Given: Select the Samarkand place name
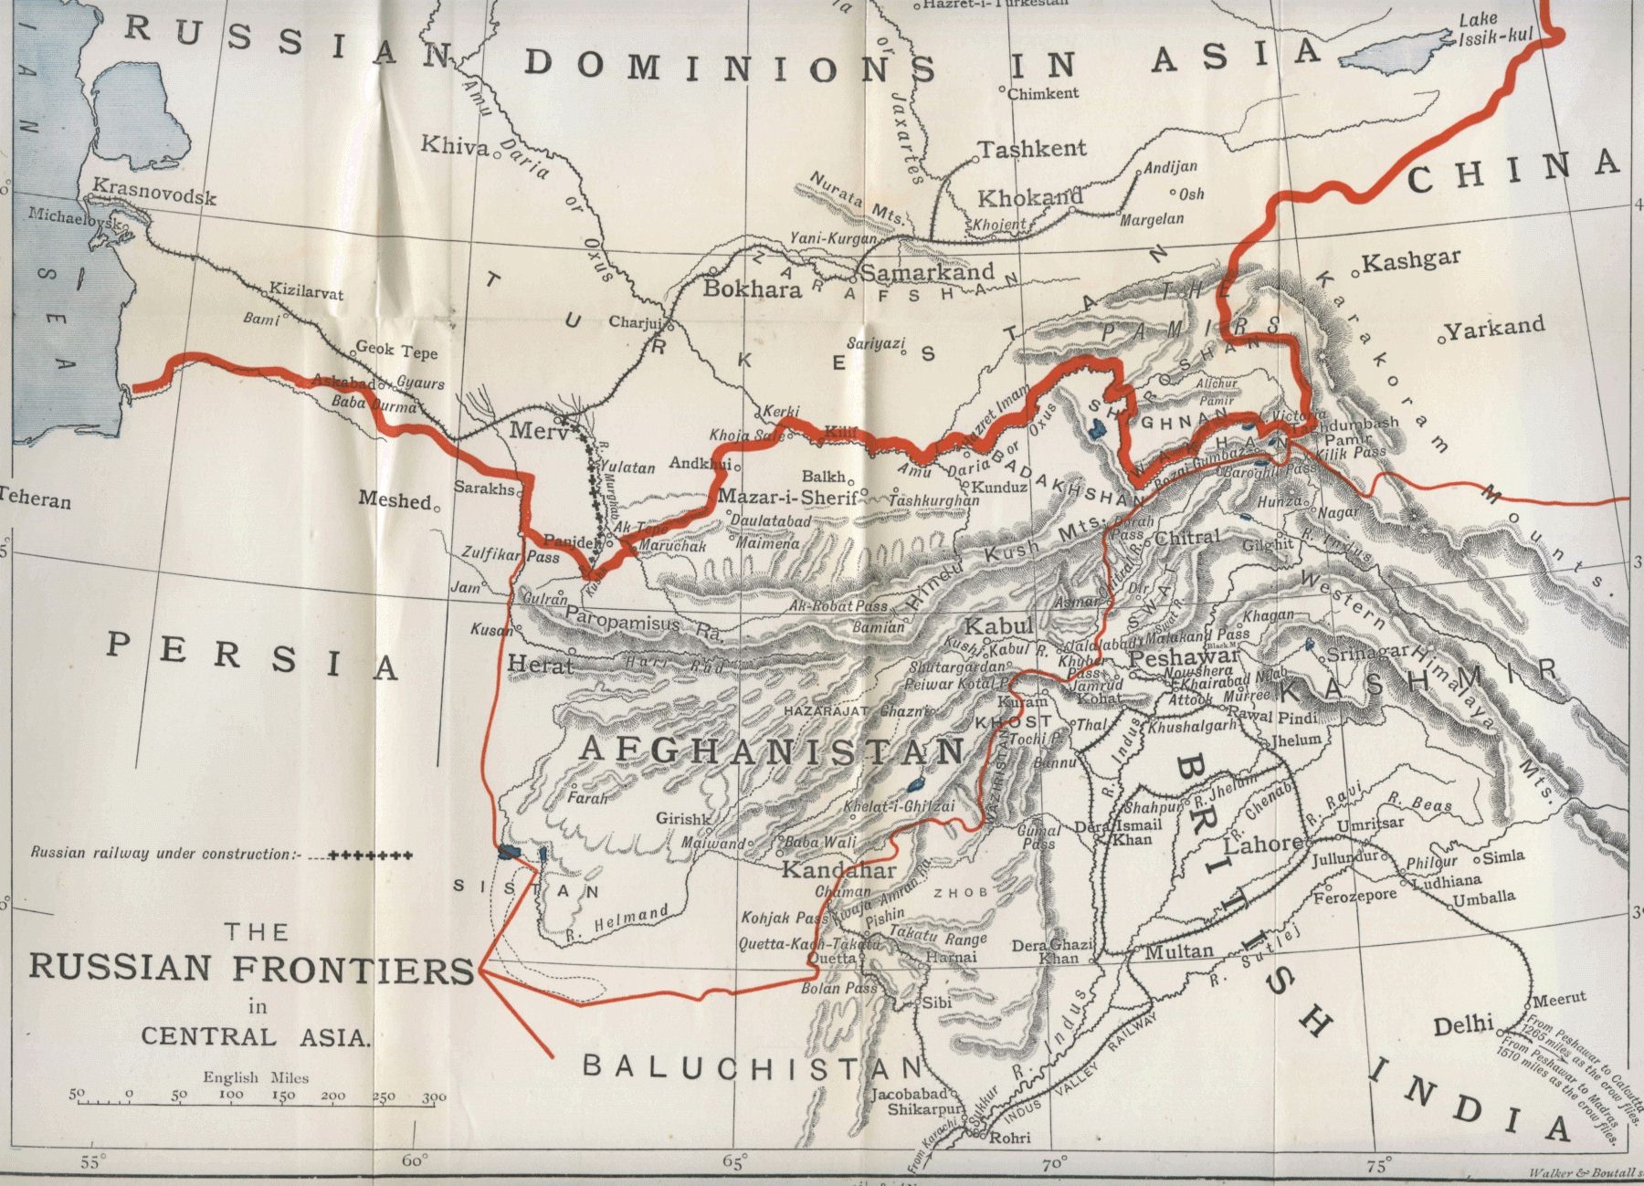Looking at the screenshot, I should [x=927, y=272].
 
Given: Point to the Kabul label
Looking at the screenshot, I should [x=998, y=627].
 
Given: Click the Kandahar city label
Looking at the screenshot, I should [x=838, y=869].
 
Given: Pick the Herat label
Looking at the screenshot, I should [x=540, y=665].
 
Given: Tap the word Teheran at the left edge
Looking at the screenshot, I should [x=35, y=500].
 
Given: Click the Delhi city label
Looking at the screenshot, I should [x=1462, y=1024].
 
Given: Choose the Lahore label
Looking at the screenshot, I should [x=1263, y=845].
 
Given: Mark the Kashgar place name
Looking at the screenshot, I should [x=1411, y=261].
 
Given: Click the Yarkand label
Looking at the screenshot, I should [x=1494, y=327].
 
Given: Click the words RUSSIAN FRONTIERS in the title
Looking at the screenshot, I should [x=251, y=968].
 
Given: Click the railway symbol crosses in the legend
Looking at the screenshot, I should [x=370, y=855].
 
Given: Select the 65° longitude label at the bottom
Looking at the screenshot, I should [x=732, y=1162].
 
